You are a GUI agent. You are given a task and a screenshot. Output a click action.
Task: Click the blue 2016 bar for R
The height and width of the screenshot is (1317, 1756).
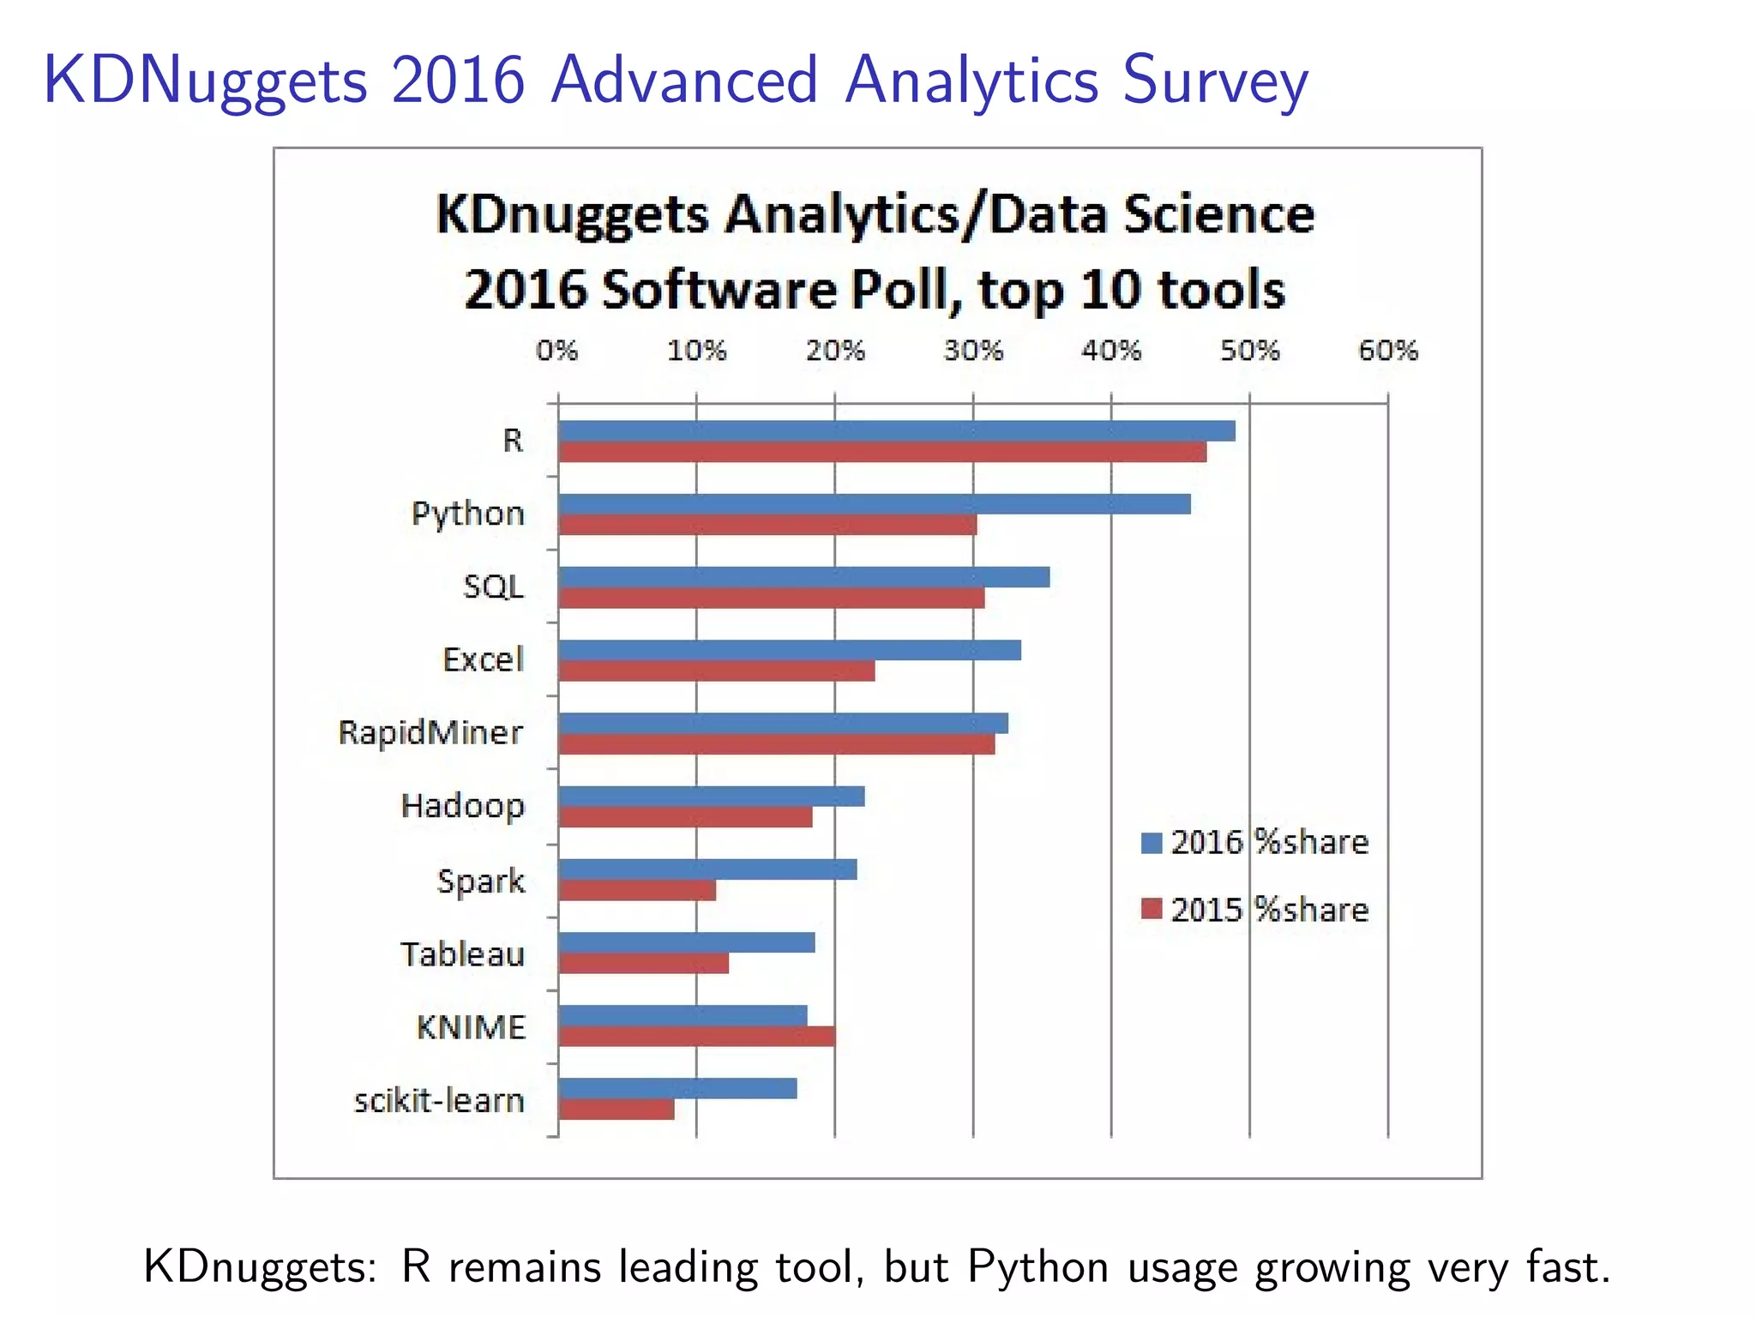896,430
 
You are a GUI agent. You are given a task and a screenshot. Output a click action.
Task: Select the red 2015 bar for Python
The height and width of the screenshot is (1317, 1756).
767,525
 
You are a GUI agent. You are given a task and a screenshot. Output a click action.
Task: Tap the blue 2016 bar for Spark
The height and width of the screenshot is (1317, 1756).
707,869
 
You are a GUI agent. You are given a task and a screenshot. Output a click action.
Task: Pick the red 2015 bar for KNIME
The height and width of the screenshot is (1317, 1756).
696,1036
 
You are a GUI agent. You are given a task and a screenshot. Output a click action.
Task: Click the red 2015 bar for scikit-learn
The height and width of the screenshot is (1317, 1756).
616,1110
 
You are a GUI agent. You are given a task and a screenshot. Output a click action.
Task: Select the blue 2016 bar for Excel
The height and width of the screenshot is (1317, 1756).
789,650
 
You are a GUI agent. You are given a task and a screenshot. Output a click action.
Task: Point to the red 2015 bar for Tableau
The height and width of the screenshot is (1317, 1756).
643,963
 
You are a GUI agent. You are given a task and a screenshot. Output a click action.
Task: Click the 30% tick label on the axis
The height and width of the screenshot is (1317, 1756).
973,350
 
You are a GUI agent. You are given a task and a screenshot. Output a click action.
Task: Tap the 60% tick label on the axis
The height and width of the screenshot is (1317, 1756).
1388,350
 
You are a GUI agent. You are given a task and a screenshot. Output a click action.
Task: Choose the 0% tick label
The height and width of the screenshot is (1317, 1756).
557,350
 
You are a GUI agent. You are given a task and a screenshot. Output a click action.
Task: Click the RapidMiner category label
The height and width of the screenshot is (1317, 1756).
430,733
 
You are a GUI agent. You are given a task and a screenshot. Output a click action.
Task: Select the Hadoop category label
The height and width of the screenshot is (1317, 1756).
462,806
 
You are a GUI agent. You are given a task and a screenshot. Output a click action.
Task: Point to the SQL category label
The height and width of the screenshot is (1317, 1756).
493,586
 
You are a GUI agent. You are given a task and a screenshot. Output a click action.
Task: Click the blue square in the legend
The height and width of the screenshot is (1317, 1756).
1152,843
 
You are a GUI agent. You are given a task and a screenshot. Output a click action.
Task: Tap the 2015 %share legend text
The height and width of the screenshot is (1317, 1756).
1270,910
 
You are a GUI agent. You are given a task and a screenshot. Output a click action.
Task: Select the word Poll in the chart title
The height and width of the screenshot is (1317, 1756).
899,290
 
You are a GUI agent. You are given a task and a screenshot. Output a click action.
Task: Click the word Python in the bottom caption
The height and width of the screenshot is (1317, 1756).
1038,1266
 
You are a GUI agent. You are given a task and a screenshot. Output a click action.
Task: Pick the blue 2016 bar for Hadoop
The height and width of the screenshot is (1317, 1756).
711,797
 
